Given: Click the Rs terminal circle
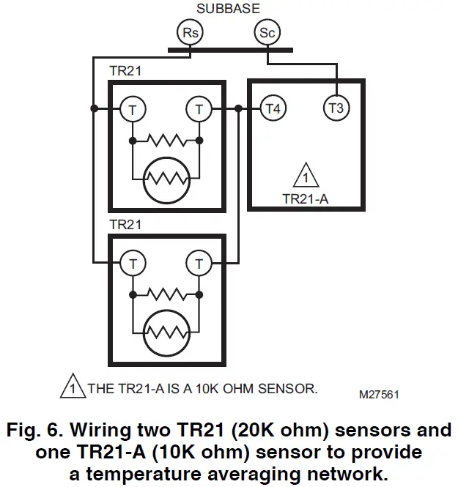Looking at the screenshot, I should pyautogui.click(x=189, y=32).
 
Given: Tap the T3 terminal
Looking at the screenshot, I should pyautogui.click(x=336, y=109).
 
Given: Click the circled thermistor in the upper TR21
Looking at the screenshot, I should pyautogui.click(x=166, y=176).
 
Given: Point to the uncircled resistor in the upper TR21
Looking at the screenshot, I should pyautogui.click(x=166, y=139).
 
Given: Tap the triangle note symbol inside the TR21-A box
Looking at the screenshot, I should pyautogui.click(x=303, y=177).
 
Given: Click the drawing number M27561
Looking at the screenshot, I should pyautogui.click(x=379, y=394).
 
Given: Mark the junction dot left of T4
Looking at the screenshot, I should pyautogui.click(x=240, y=109).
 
